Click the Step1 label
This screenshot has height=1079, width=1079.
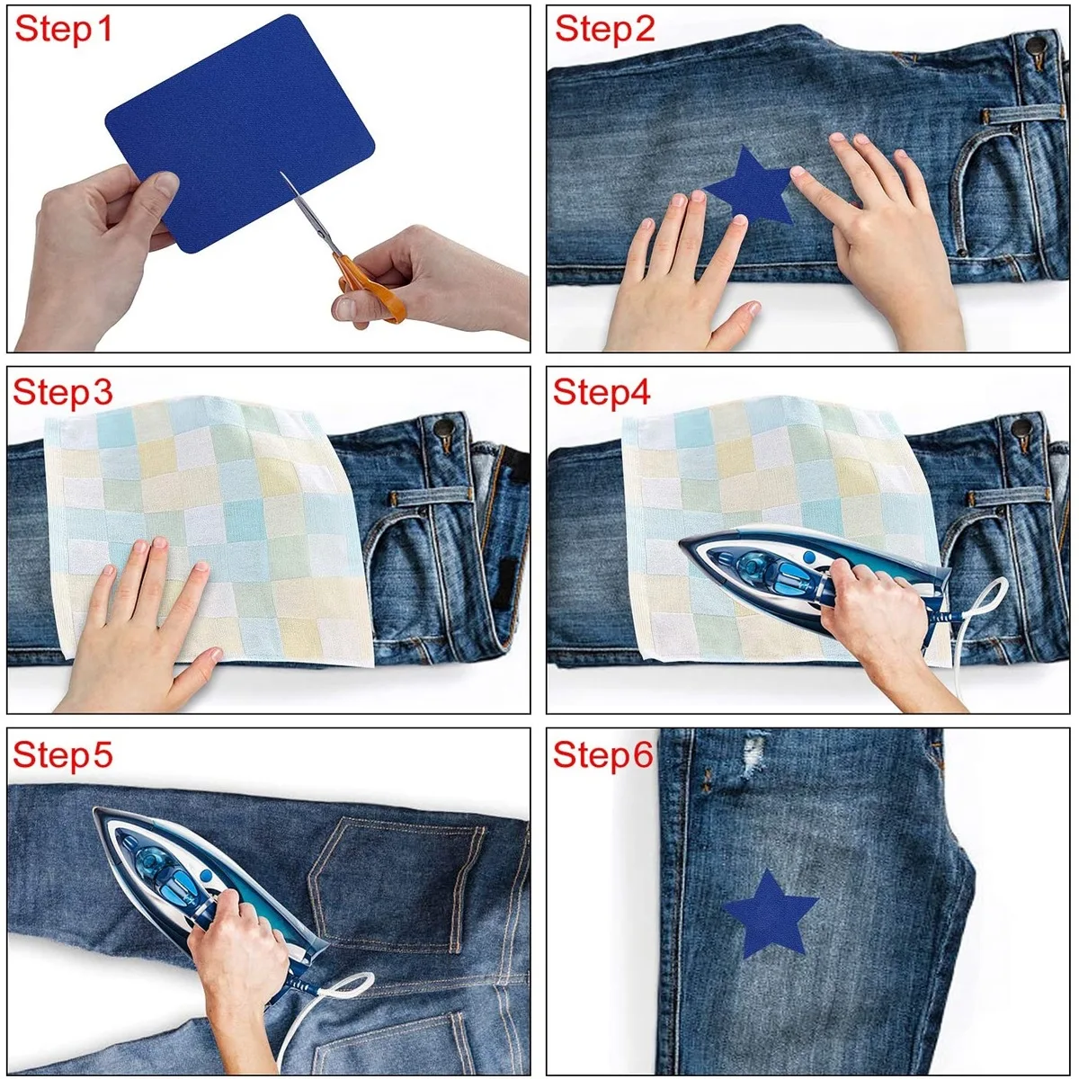click(63, 29)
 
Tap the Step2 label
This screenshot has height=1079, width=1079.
click(605, 29)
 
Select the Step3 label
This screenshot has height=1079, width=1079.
click(63, 392)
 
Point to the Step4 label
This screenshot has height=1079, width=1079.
click(602, 392)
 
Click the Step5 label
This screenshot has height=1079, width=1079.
click(63, 754)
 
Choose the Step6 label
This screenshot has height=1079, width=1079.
click(603, 754)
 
